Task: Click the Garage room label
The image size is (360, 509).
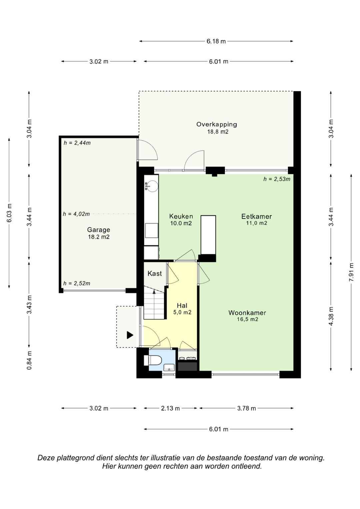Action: click(99, 230)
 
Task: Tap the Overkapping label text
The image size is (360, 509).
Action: click(217, 125)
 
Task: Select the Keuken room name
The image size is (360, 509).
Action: click(181, 216)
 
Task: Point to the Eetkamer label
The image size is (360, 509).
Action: click(257, 216)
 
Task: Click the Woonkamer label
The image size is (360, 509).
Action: click(247, 313)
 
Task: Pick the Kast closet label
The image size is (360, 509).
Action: click(155, 273)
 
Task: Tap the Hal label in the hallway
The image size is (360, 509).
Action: click(182, 306)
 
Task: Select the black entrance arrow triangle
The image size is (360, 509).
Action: click(130, 335)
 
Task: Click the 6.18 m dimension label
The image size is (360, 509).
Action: click(216, 41)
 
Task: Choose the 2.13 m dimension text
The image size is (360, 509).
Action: click(170, 408)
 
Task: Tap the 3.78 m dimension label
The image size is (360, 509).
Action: click(247, 408)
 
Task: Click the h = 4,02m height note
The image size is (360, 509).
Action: click(76, 214)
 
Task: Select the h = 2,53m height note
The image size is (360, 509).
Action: click(277, 179)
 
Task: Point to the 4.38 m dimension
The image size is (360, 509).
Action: click(331, 316)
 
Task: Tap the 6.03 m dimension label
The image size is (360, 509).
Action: click(9, 213)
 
